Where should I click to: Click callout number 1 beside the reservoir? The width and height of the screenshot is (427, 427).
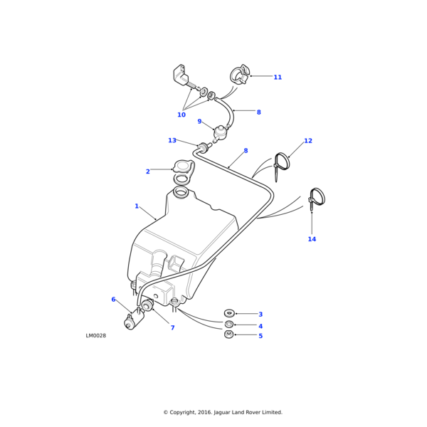click(x=137, y=206)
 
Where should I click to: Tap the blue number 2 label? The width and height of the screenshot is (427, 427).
click(x=148, y=172)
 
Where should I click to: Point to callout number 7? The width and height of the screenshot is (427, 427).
click(x=172, y=328)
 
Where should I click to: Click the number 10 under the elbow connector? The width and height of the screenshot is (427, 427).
click(x=181, y=115)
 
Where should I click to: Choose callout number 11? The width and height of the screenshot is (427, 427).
click(x=278, y=77)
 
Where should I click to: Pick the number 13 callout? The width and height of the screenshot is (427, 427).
click(x=172, y=140)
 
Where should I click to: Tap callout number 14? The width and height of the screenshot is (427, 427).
click(x=312, y=239)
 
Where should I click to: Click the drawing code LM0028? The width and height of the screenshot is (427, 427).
click(x=96, y=336)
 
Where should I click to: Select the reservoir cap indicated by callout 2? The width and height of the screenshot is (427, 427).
click(x=184, y=167)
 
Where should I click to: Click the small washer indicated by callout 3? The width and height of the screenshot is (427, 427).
click(x=229, y=312)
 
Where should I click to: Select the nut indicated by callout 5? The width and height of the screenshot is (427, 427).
click(x=229, y=334)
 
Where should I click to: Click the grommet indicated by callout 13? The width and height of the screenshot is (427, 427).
click(x=202, y=147)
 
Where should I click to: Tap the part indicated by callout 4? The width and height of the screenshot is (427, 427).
click(x=229, y=324)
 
